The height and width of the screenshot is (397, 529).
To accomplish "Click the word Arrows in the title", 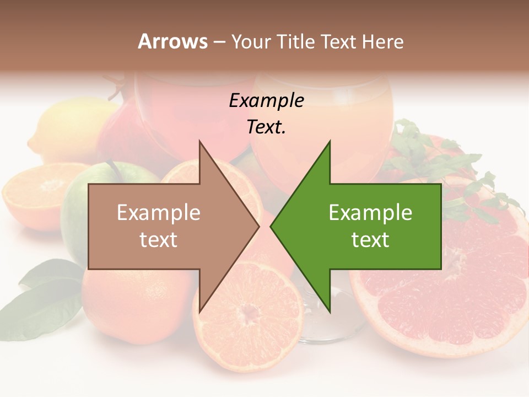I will tap(172, 41).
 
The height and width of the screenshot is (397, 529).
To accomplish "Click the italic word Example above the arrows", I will tap(266, 101).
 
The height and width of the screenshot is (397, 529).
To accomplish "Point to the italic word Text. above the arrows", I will tap(266, 127).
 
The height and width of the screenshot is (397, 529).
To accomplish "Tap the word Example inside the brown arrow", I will tap(159, 213).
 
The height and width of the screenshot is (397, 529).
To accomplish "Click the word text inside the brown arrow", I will tap(159, 240).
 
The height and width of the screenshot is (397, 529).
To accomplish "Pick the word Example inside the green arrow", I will tap(370, 213).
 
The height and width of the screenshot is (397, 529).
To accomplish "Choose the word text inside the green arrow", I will tap(370, 240).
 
